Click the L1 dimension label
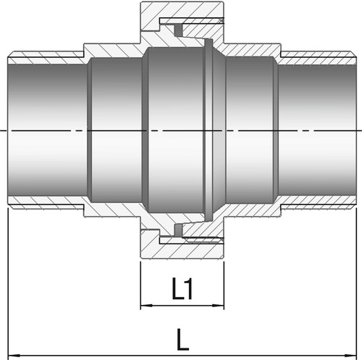(182, 288)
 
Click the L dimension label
(182, 339)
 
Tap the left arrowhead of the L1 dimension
(144, 306)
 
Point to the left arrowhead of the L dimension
(13, 356)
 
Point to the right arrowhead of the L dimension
(351, 356)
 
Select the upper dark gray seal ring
(178, 29)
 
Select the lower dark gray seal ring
(178, 230)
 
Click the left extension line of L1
(140, 285)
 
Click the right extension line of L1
(224, 285)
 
